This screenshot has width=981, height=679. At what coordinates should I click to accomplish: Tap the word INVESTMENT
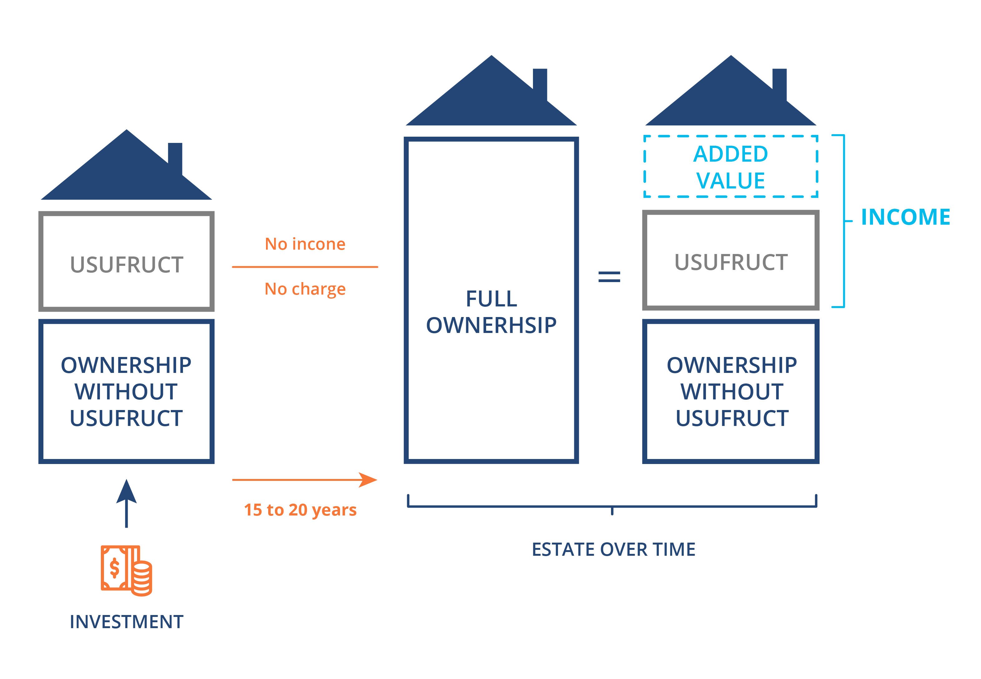[126, 622]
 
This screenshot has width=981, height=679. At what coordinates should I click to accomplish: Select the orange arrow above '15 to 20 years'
[304, 480]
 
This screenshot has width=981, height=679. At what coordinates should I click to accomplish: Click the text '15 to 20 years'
[300, 510]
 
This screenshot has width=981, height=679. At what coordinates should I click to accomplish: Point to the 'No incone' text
[305, 244]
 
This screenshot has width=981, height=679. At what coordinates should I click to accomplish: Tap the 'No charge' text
[305, 289]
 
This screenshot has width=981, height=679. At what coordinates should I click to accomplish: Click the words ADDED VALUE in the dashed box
[730, 167]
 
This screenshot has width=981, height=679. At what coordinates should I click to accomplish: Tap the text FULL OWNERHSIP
[491, 311]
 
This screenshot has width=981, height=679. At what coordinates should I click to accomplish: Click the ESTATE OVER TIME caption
[613, 549]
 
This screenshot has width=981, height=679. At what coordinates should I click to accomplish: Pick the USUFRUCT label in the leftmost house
[126, 265]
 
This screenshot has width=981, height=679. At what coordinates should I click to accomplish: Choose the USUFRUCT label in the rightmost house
[731, 262]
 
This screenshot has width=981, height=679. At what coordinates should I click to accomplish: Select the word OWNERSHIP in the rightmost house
[732, 365]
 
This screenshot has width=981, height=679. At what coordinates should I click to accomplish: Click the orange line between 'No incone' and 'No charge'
[305, 267]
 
